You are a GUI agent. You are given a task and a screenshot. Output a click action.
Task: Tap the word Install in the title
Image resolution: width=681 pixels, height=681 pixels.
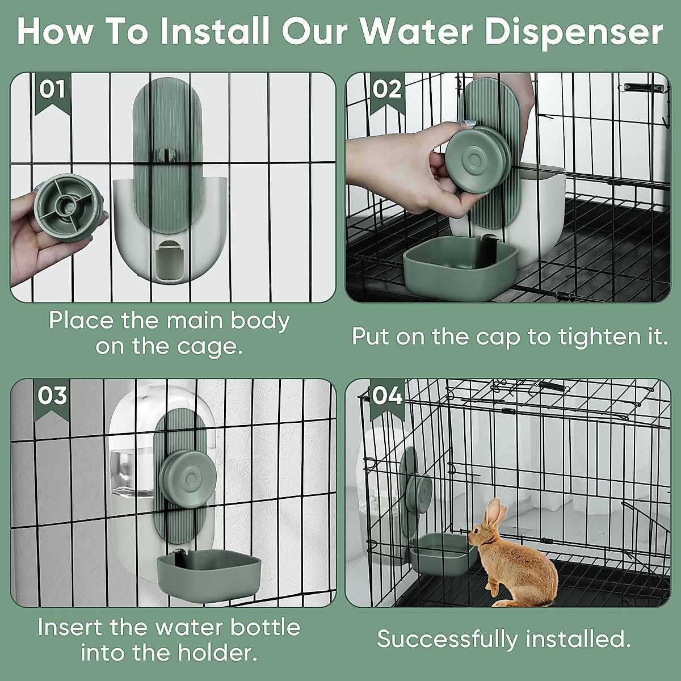[x=215, y=32]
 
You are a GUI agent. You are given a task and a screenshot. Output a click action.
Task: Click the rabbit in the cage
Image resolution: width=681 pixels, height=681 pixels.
[x=513, y=554]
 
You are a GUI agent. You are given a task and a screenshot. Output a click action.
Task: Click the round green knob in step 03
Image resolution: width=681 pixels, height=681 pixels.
[x=187, y=479]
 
